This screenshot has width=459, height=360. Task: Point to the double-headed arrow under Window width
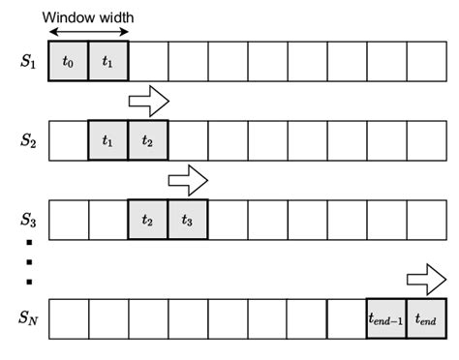[87, 33]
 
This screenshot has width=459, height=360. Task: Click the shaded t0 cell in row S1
[68, 61]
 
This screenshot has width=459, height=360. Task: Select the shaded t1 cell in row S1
[107, 61]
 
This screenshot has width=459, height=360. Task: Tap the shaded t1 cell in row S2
[107, 139]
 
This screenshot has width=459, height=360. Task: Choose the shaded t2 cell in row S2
[147, 139]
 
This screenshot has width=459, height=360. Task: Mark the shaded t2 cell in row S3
[147, 219]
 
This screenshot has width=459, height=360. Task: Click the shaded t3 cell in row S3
[187, 219]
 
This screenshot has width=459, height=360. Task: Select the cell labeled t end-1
[386, 317]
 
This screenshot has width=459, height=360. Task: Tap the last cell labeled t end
[426, 317]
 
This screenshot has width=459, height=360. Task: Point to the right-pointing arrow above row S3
[188, 179]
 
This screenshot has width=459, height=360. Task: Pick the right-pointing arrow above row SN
[426, 279]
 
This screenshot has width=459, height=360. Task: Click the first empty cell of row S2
[68, 139]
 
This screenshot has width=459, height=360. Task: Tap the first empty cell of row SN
[68, 317]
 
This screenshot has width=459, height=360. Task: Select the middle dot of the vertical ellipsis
[30, 261]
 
